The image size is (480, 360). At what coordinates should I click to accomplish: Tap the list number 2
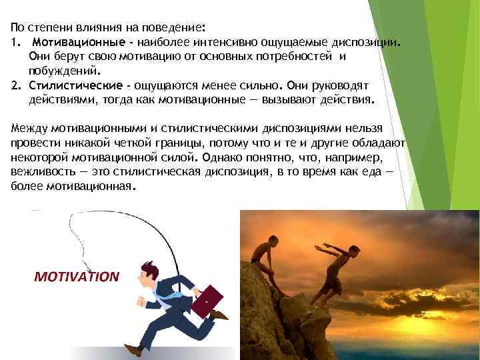pyautogui.click(x=15, y=85)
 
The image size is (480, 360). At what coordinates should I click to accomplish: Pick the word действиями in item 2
pyautogui.click(x=61, y=100)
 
